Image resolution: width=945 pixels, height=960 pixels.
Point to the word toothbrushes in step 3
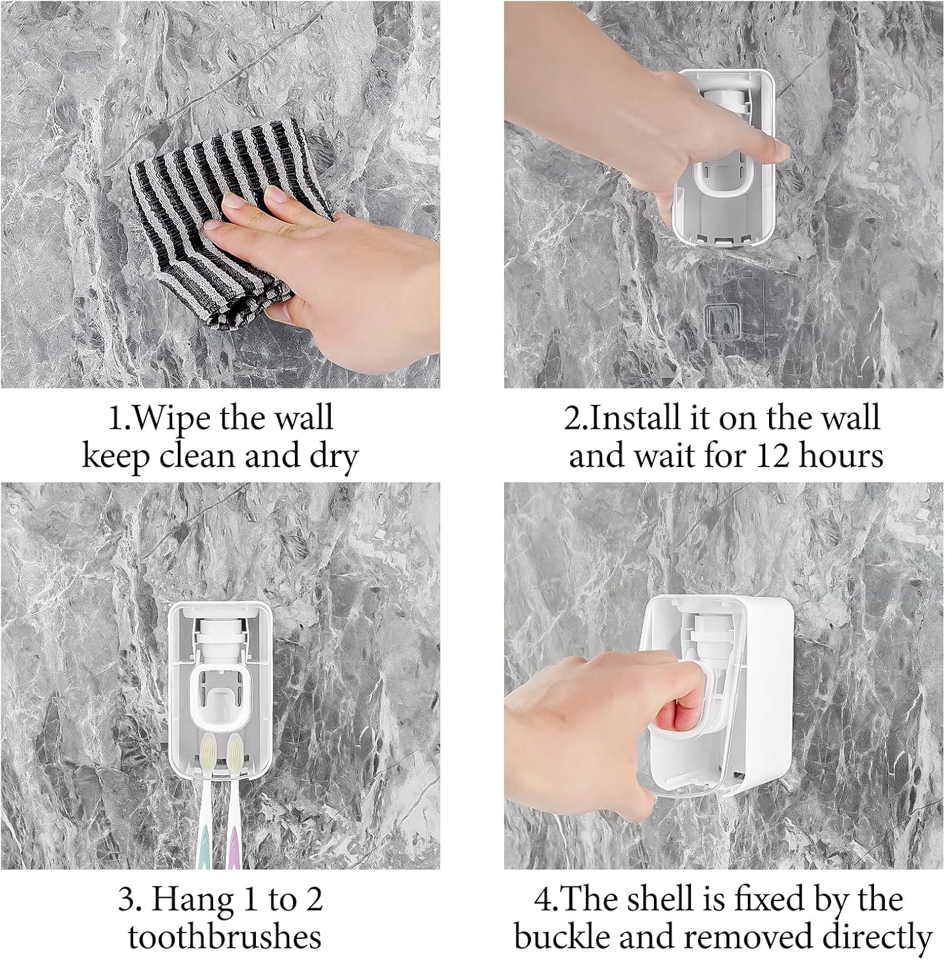pyautogui.click(x=224, y=938)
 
